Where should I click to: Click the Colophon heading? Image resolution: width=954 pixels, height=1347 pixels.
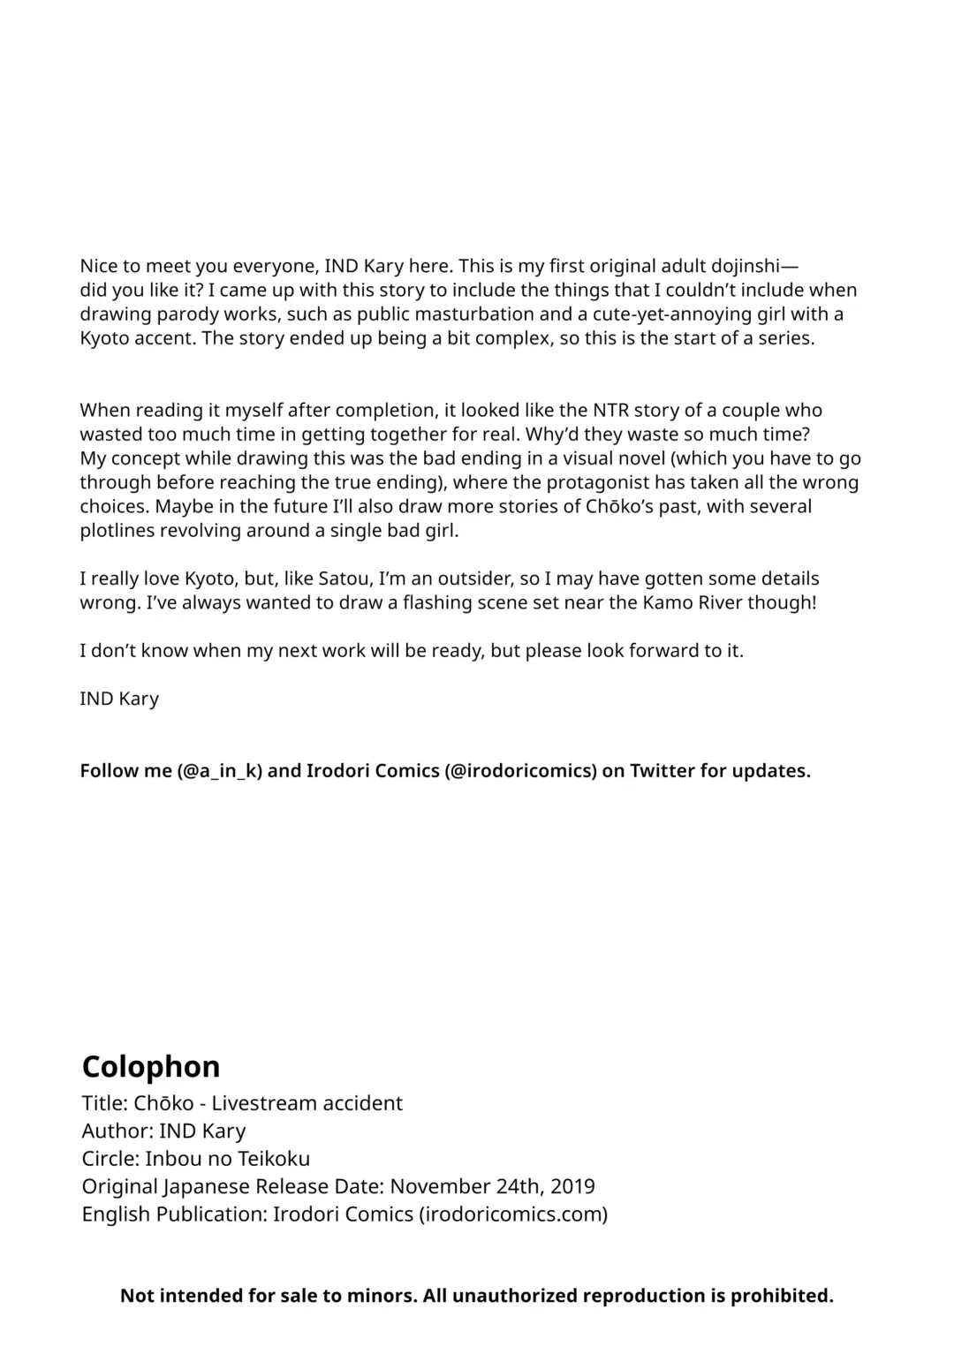(150, 1066)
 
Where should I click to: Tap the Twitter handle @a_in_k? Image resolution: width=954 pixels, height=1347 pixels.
(220, 770)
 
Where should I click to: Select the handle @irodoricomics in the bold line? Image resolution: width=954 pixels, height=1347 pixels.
(521, 770)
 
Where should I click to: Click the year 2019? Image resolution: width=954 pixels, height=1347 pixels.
(572, 1186)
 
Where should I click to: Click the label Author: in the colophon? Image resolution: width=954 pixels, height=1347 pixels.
(117, 1131)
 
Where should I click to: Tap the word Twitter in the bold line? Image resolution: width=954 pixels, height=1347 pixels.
(662, 770)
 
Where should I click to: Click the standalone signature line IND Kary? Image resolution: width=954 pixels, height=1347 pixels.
(119, 699)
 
